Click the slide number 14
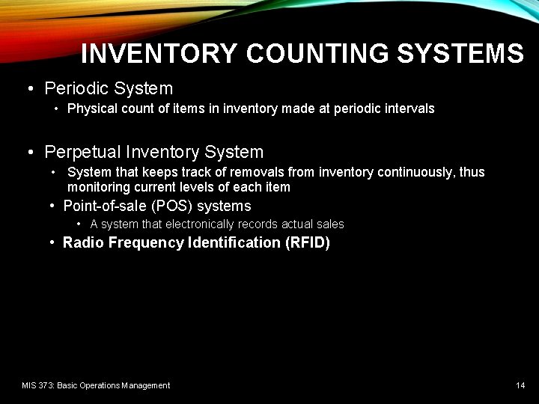(520, 385)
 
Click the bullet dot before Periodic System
(30, 89)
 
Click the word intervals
(411, 108)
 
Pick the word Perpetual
(82, 153)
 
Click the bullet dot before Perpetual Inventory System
(30, 153)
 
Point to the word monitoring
(98, 187)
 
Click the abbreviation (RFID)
(307, 243)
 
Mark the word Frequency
(144, 243)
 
